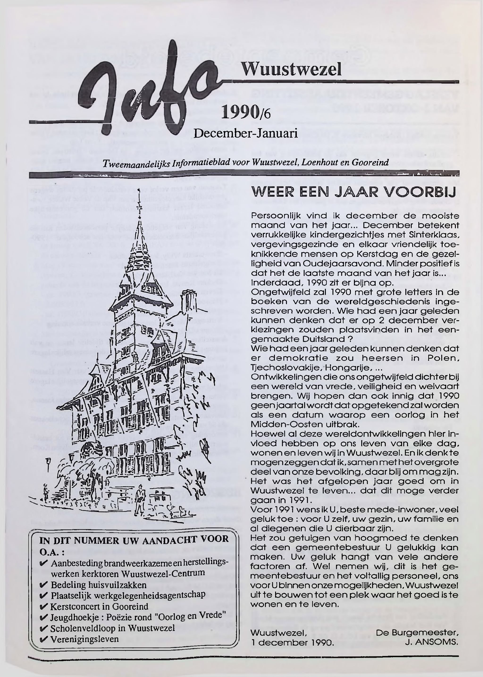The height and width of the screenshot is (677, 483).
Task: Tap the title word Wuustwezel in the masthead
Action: pos(291,70)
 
